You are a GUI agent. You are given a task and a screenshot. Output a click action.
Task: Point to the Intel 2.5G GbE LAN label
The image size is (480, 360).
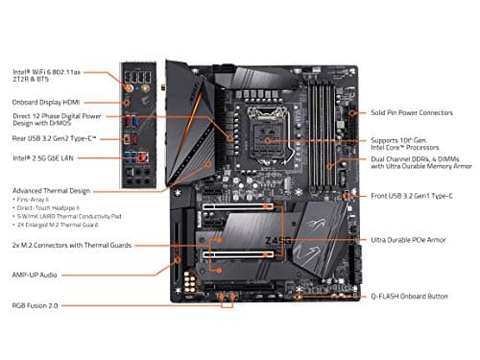point(45,157)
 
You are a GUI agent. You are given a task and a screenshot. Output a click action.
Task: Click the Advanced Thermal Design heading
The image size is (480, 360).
point(52,190)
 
